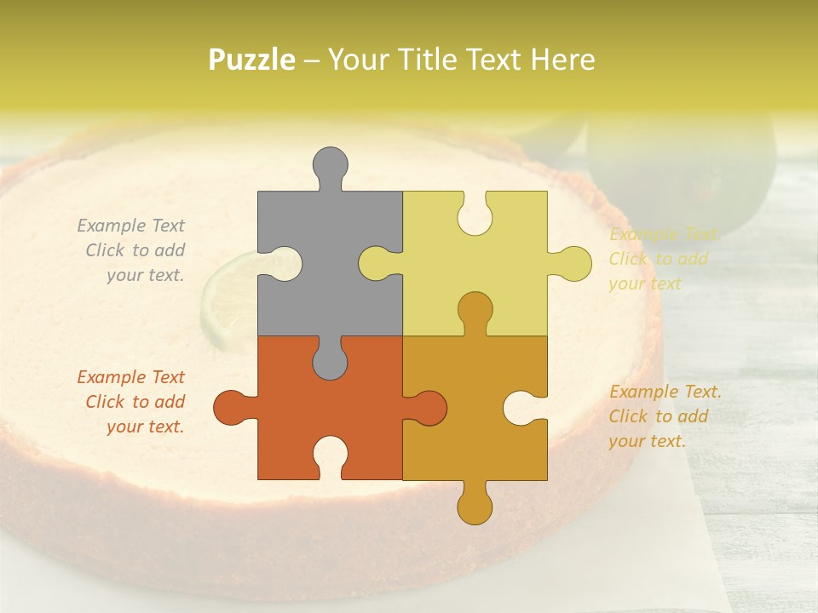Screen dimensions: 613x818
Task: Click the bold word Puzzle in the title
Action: point(252,60)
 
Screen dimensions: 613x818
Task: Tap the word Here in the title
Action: point(562,60)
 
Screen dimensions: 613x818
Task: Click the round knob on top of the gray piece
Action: point(331,163)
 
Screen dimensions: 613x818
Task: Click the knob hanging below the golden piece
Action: point(475,505)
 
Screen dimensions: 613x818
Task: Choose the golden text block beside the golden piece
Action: point(664,416)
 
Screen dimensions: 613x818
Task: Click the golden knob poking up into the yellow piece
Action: point(475,309)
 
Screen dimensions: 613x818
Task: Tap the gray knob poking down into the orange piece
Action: point(330,362)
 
